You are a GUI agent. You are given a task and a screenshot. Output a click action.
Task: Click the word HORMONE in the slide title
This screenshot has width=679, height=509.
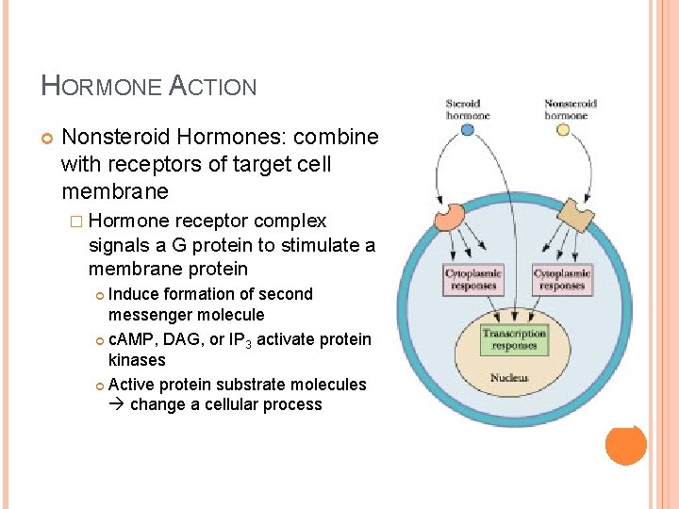101,87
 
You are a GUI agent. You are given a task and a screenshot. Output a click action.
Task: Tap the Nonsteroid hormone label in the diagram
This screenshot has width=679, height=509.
565,109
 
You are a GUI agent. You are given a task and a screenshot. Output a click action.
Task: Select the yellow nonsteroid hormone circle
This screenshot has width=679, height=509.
564,130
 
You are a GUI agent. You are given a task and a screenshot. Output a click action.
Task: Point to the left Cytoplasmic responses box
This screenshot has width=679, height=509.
473,280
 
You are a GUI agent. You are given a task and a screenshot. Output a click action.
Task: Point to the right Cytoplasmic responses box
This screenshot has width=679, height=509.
562,280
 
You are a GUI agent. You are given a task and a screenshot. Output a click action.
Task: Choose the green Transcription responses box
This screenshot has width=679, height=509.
514,339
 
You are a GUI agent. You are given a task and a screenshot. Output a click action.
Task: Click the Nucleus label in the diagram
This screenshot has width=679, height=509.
509,378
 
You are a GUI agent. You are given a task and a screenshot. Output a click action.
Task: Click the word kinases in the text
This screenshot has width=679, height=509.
137,360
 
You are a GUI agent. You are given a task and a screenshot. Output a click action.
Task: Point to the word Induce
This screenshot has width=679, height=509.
132,294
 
